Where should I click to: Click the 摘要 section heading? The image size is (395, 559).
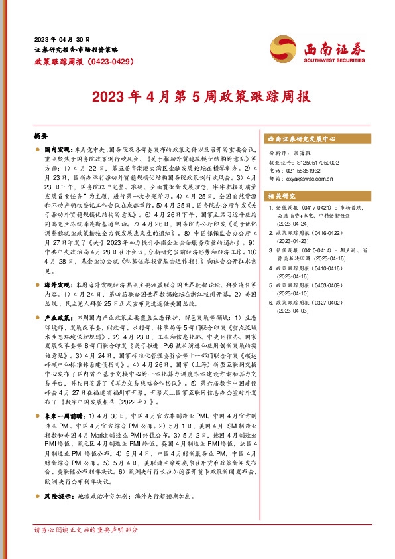coord(41,135)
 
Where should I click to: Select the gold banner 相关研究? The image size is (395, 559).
coord(281,197)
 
